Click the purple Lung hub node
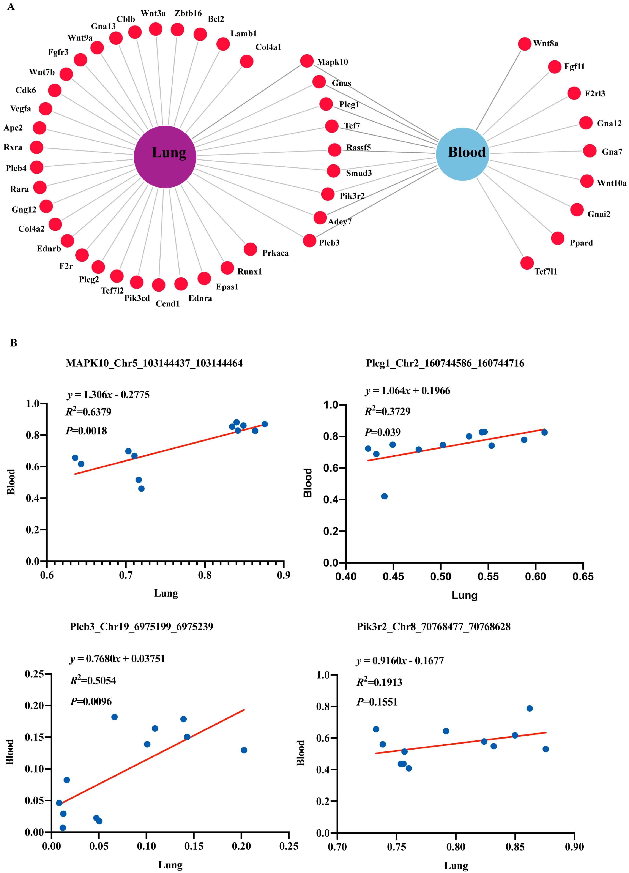click(165, 157)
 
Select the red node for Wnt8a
click(524, 44)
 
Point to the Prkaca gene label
click(275, 253)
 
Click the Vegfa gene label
click(20, 109)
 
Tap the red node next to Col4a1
click(246, 61)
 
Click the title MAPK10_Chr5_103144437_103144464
click(154, 363)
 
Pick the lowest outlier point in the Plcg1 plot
click(384, 496)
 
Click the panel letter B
click(13, 343)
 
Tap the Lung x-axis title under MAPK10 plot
click(166, 593)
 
